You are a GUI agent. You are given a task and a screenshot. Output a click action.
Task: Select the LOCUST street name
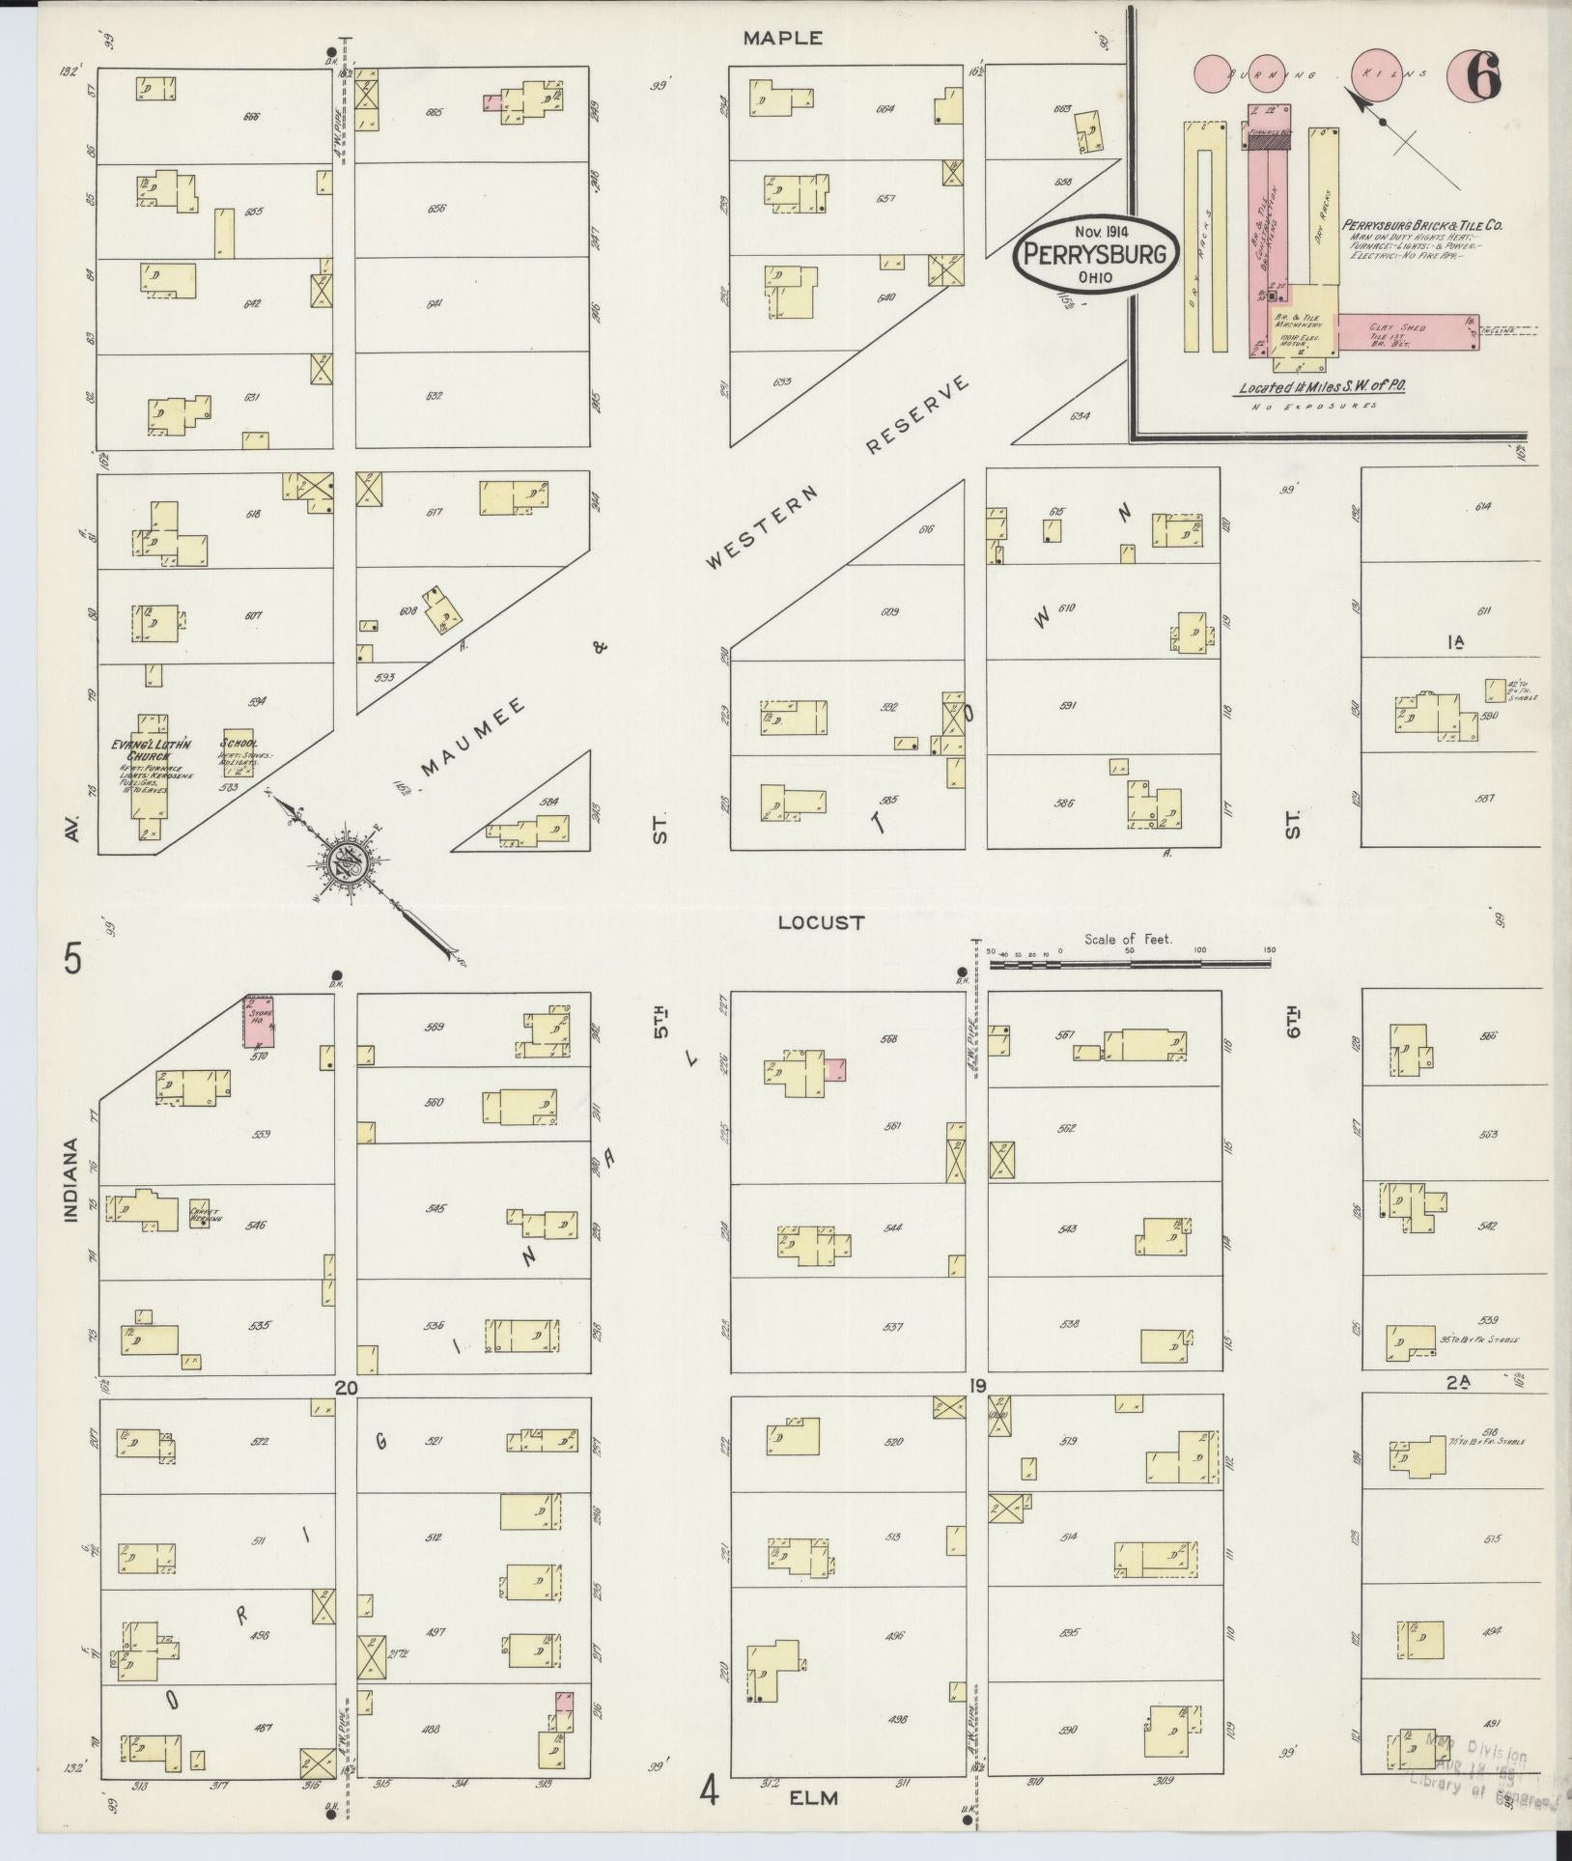822,923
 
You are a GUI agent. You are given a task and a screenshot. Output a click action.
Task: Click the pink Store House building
258,1021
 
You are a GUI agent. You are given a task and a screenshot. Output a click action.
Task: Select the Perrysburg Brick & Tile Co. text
1422,225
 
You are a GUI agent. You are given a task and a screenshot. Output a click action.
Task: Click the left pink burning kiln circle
1214,74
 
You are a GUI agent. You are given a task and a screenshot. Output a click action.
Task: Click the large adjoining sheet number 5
72,960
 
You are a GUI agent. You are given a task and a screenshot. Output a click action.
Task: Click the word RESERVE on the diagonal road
916,415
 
